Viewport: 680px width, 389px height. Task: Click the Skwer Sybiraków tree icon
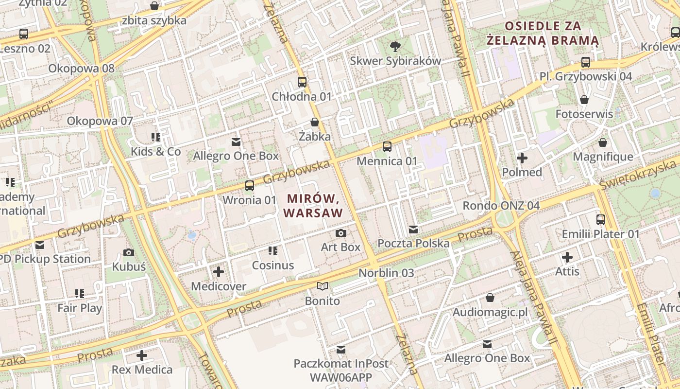point(395,47)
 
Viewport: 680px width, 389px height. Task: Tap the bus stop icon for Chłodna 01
point(302,82)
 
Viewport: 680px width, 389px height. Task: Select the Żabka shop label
point(315,137)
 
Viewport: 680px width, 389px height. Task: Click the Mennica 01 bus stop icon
point(387,147)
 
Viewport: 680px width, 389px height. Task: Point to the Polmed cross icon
point(522,158)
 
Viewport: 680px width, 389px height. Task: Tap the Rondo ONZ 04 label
point(501,206)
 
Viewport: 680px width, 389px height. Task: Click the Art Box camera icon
point(341,233)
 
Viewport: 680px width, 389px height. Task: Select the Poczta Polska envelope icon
point(413,229)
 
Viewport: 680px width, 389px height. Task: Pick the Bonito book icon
point(323,286)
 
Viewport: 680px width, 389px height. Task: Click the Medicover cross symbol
point(219,272)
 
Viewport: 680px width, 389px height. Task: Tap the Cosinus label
point(273,265)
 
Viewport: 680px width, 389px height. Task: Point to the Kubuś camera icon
point(129,252)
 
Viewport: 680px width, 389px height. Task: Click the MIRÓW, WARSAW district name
point(313,206)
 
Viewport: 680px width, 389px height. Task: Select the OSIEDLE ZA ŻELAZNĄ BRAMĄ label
point(543,33)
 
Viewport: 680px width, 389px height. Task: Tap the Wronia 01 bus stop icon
point(249,186)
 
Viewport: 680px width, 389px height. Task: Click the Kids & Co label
point(155,152)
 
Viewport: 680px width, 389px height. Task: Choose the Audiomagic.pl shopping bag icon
point(490,298)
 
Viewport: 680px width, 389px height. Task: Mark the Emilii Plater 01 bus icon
point(601,220)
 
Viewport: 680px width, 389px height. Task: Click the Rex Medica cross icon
point(142,355)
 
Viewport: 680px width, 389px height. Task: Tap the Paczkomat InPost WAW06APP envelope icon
point(341,350)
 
